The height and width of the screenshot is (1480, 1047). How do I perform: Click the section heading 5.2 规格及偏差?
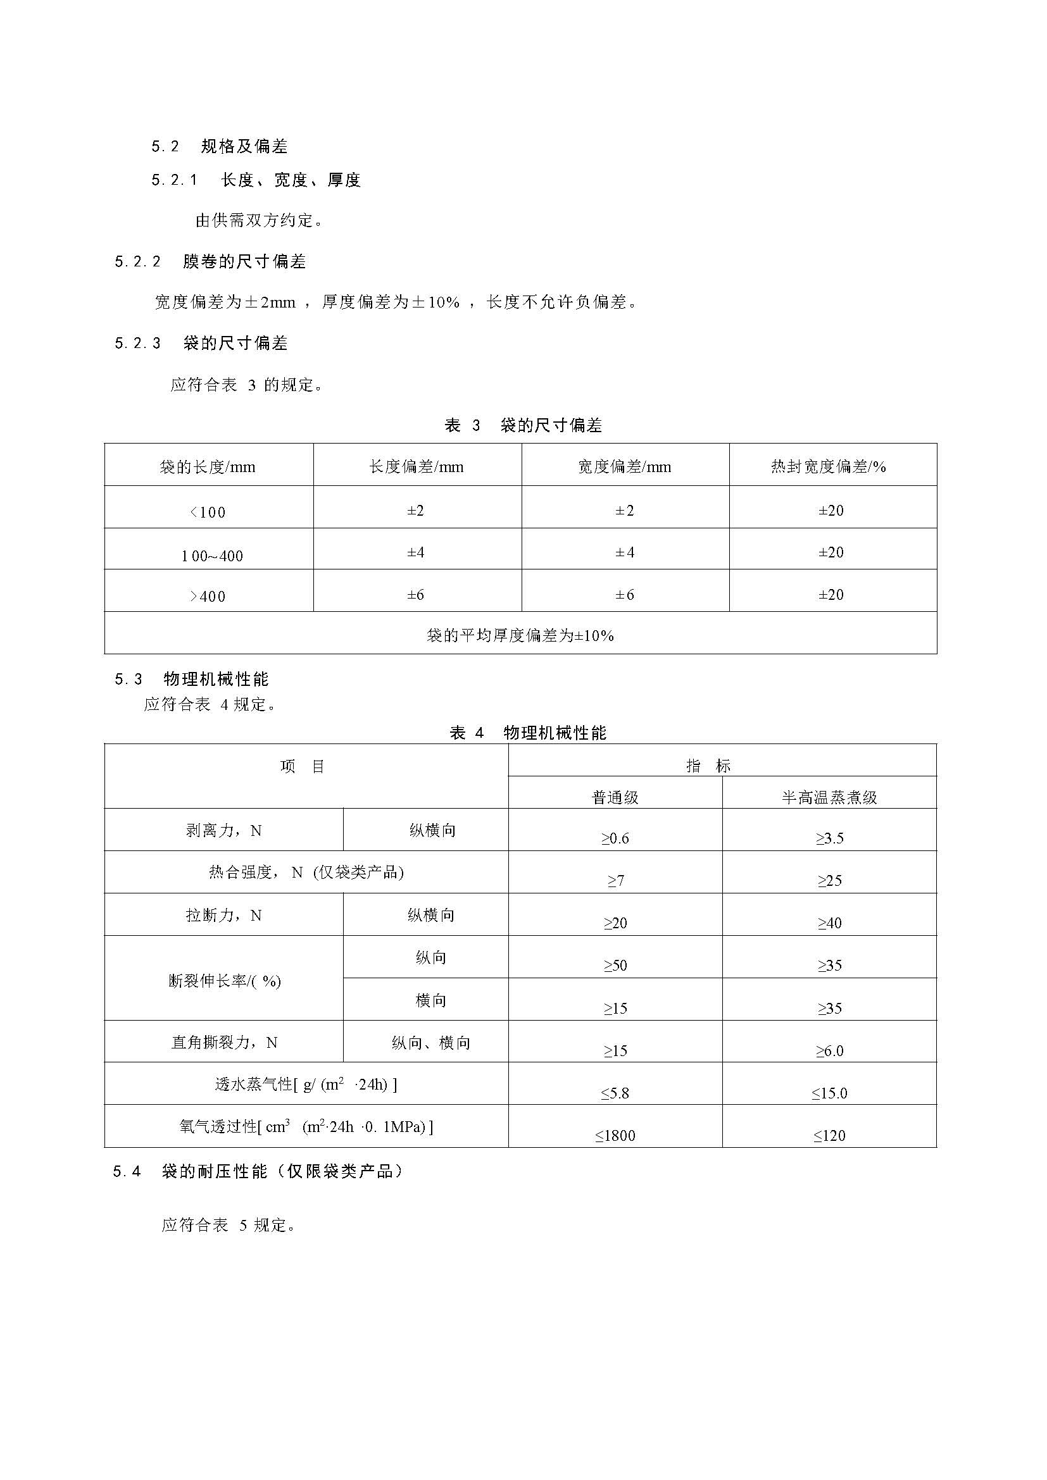(x=219, y=147)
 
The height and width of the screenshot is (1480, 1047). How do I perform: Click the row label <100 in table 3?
(x=208, y=513)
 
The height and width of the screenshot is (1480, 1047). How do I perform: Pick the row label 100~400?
(x=212, y=556)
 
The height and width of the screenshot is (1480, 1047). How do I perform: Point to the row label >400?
(x=208, y=596)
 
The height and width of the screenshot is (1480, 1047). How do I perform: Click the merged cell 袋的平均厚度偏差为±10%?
(x=520, y=635)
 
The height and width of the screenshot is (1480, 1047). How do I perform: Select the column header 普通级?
(x=615, y=797)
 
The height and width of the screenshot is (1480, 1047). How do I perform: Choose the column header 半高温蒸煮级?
(x=829, y=797)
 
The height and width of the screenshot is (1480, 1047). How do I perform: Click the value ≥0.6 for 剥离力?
(x=615, y=838)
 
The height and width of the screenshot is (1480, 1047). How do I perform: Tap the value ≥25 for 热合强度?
(x=829, y=881)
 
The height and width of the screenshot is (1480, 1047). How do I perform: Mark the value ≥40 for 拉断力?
(x=829, y=923)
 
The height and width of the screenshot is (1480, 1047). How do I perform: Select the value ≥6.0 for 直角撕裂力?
(x=829, y=1051)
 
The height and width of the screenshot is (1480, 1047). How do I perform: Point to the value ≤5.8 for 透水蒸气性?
(x=615, y=1093)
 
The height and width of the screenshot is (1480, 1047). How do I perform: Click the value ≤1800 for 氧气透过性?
(x=615, y=1136)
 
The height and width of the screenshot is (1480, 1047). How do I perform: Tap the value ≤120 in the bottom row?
(x=829, y=1136)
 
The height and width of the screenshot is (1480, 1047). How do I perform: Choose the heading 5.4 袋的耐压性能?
(x=258, y=1172)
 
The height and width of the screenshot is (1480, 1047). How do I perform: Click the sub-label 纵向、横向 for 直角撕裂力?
(x=431, y=1043)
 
